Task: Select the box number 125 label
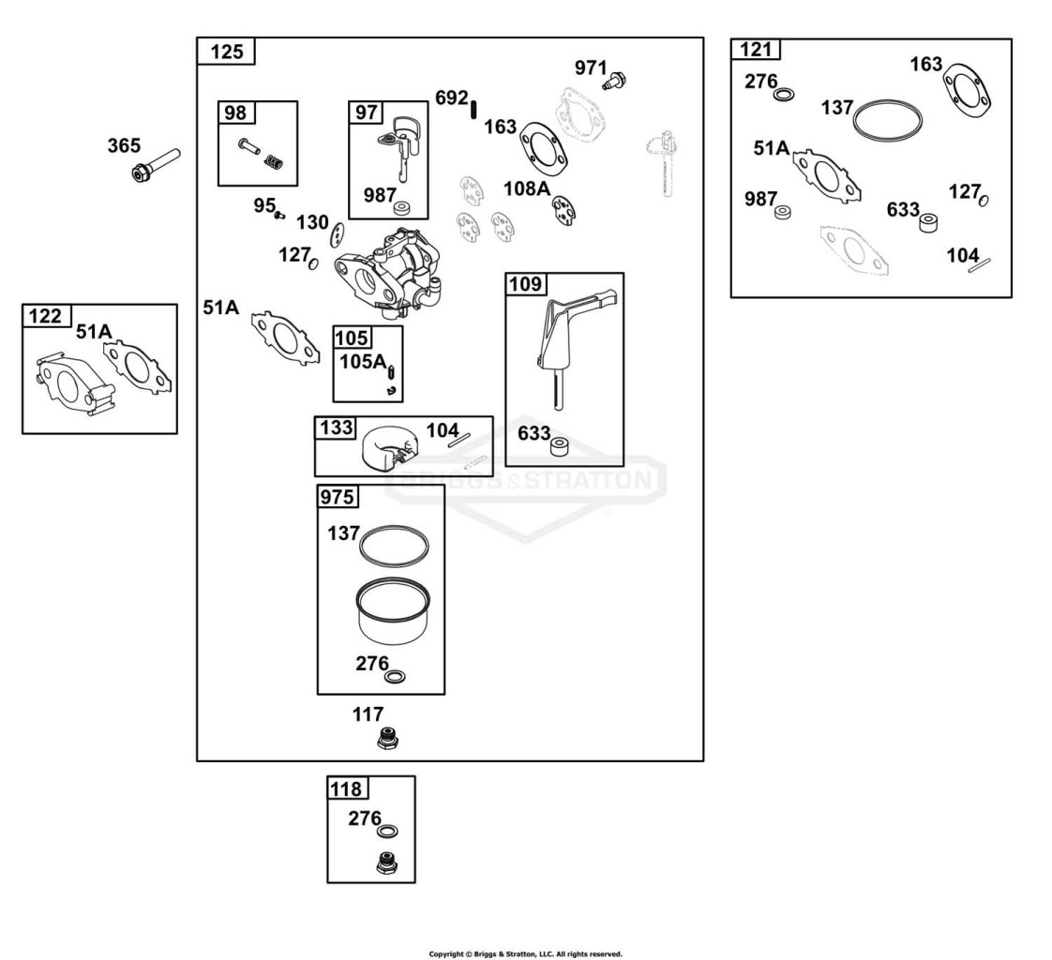[x=227, y=52]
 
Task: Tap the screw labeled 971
[x=614, y=81]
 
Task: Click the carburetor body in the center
[x=388, y=273]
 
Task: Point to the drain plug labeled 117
[x=387, y=739]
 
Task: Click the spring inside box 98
[x=274, y=161]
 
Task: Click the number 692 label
[x=452, y=97]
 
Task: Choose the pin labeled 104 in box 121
[x=980, y=265]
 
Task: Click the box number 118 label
[x=346, y=789]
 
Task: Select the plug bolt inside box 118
[x=386, y=862]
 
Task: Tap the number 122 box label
[x=45, y=316]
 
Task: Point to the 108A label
[x=526, y=189]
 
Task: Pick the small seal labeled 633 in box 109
[x=559, y=447]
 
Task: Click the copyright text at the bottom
[x=525, y=953]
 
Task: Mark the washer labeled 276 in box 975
[x=395, y=677]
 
